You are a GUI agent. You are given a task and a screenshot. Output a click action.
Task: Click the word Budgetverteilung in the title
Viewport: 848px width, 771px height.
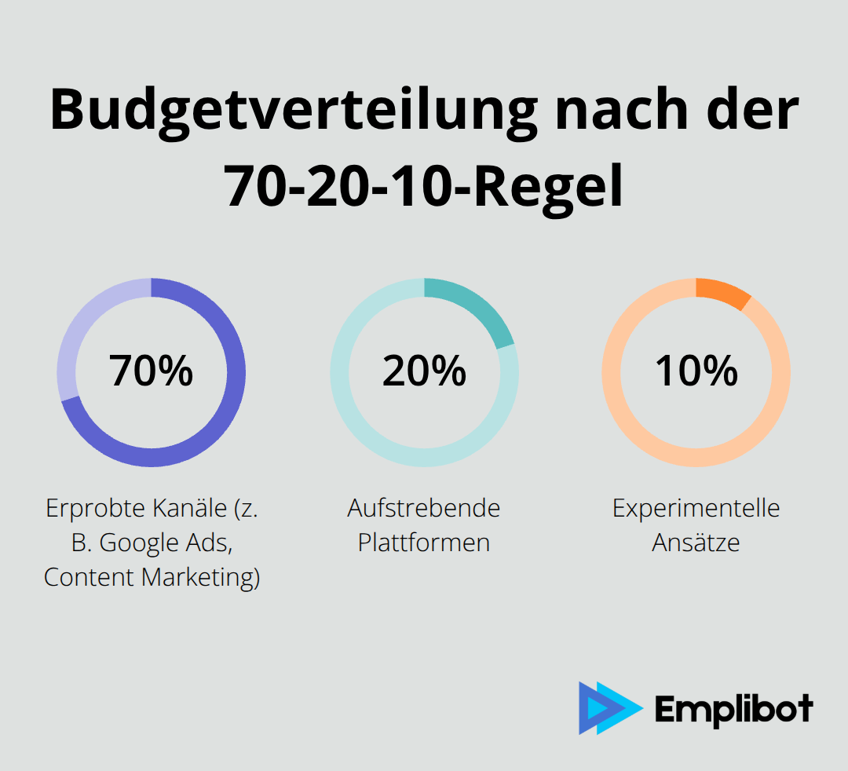click(x=294, y=110)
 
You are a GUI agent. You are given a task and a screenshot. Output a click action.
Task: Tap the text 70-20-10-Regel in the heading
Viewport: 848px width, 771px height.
click(x=424, y=188)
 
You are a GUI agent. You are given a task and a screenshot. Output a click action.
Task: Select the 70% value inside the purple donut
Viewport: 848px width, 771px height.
click(x=152, y=371)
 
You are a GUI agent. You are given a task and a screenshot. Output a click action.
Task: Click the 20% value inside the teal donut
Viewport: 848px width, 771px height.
click(x=424, y=371)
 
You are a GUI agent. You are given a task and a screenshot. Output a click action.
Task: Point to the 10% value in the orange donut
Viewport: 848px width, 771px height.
click(x=696, y=371)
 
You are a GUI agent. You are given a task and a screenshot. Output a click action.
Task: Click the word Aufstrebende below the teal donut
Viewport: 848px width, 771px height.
click(x=424, y=508)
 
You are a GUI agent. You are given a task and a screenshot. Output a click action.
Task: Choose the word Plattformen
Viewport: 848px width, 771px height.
click(x=424, y=543)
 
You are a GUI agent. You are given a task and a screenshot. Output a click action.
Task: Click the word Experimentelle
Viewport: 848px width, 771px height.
click(x=696, y=508)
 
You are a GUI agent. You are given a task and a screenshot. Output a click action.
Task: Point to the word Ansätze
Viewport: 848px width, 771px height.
click(x=696, y=543)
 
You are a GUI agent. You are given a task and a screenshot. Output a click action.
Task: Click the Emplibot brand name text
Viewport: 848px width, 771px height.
click(x=733, y=709)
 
